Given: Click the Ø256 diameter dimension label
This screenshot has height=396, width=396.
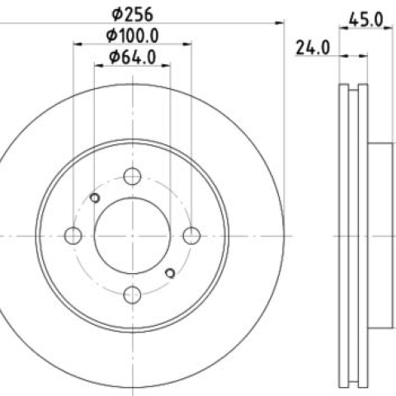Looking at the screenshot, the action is coord(132,14).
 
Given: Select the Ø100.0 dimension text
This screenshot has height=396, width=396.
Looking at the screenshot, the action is coord(133,35).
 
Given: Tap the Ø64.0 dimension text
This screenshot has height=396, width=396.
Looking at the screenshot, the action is coord(133,57).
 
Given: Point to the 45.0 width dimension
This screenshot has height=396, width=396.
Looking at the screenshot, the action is coord(365,20).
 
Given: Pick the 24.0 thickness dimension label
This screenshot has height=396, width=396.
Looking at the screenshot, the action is coord(313,48).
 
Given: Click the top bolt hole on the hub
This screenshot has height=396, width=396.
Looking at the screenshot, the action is coord(132,177).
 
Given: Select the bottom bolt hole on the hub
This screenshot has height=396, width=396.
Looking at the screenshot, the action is coord(132,295).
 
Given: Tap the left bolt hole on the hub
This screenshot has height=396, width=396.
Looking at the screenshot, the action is coord(73,236).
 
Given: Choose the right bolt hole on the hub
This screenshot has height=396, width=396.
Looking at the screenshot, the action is coord(191,236).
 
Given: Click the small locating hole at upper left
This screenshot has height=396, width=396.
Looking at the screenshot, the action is coord(95,198).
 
